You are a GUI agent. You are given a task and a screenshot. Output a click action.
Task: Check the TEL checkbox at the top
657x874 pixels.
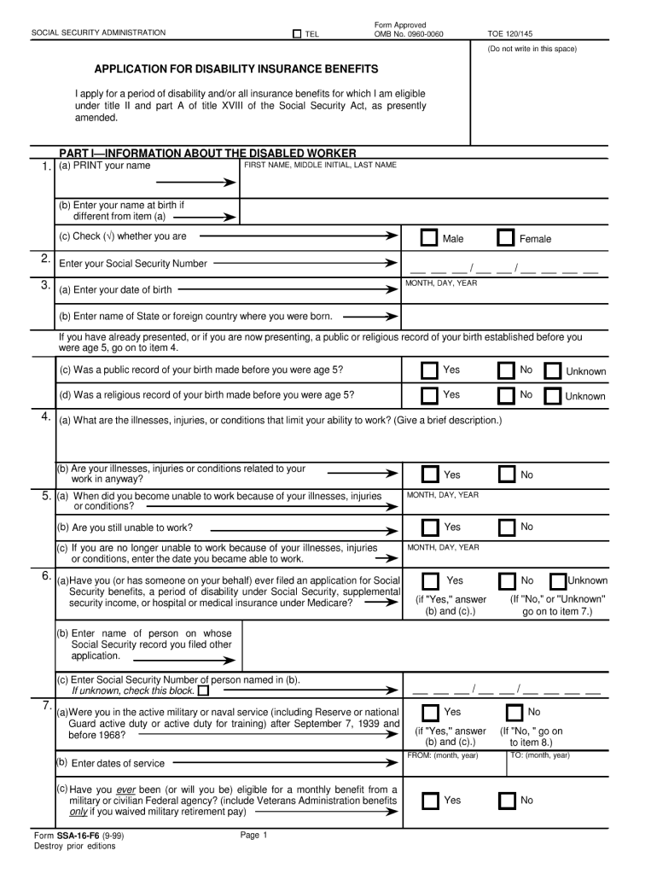coord(297,34)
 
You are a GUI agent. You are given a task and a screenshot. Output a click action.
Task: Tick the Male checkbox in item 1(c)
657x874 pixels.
coord(430,238)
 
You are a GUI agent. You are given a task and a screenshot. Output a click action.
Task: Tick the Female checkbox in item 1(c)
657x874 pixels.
coord(506,238)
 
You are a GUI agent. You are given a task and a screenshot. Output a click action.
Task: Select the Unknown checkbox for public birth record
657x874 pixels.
coord(553,371)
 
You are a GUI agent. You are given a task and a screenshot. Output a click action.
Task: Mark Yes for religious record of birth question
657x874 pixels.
coord(430,395)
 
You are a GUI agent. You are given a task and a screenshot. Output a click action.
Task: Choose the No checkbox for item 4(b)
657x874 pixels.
coord(506,475)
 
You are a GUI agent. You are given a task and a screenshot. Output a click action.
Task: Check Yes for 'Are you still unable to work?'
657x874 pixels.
coord(430,527)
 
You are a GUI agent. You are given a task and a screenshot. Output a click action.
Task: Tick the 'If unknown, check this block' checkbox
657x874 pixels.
coord(203,690)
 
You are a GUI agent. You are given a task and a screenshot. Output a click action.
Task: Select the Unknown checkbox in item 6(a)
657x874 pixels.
coord(558,581)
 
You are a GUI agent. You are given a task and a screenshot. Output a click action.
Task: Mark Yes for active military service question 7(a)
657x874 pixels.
coord(430,713)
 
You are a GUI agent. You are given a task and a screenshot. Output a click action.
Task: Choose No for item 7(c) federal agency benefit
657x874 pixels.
coord(506,801)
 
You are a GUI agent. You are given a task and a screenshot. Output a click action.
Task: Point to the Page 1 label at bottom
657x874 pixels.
coord(254,835)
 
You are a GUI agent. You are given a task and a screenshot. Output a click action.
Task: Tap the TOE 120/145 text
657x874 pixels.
coord(509,34)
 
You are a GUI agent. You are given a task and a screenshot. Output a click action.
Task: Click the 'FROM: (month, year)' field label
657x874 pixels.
coord(442,755)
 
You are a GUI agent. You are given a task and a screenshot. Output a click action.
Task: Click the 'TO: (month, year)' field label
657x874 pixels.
coord(540,755)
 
